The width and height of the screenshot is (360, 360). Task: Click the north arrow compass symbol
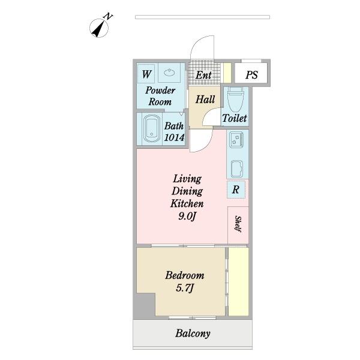tap(99, 27)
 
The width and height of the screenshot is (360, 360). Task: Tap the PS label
tap(251, 75)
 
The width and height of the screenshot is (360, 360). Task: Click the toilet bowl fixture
tap(235, 100)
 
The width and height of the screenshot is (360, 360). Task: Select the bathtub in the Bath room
tap(152, 129)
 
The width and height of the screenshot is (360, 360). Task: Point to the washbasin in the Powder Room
tap(169, 73)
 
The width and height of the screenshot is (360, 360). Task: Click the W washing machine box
tap(146, 74)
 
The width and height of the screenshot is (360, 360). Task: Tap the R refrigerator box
tap(236, 190)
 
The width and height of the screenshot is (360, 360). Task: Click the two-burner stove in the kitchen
tap(236, 140)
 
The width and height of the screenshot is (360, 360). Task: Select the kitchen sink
tap(237, 169)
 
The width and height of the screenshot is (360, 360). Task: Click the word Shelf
tap(238, 224)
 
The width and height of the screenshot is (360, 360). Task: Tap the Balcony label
tap(193, 334)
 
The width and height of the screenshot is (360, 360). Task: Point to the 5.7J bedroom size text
tap(185, 288)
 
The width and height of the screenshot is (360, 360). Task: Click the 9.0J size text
tap(187, 216)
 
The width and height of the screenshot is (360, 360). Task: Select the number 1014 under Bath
tap(174, 137)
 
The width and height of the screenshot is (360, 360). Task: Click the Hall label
tap(205, 100)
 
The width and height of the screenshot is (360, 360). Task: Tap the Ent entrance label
tap(203, 75)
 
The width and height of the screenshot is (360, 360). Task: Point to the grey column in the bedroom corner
tap(145, 306)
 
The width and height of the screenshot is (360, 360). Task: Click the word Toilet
tap(235, 118)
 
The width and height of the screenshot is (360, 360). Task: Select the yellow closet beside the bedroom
tap(239, 281)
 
